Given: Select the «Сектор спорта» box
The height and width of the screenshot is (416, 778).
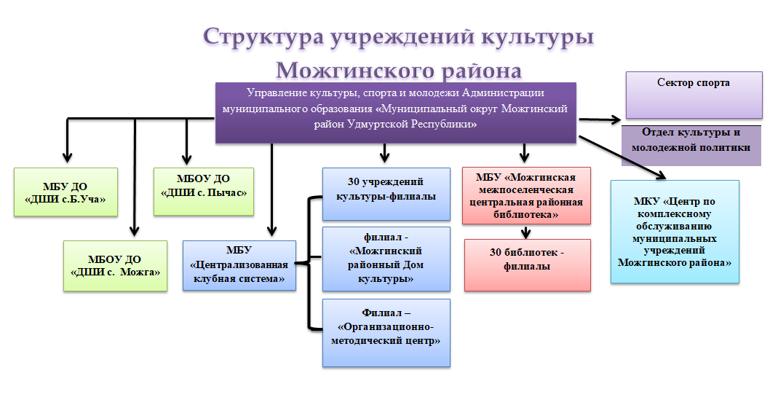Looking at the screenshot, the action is pos(694,95).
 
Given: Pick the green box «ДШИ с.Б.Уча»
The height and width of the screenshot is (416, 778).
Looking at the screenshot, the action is pos(66,192).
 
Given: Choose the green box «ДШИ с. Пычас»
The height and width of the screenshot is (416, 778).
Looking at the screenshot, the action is pos(204,191).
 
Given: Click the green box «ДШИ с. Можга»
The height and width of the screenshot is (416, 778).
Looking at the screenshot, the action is pos(115,266).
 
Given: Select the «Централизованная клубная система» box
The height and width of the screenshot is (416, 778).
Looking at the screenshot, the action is pos(239,265).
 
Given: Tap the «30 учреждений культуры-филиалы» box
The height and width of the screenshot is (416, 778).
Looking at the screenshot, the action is pos(386,194).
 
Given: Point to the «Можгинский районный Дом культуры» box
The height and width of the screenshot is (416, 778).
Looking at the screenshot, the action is pos(386,259).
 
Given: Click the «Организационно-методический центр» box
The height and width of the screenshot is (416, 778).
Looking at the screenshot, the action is pos(386,333).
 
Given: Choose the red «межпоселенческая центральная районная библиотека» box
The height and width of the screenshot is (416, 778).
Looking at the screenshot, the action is pos(526,195).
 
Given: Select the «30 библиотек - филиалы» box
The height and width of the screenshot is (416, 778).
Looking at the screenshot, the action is pos(528,265).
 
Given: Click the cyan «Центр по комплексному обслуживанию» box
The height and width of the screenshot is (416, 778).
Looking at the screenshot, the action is pos(675,232).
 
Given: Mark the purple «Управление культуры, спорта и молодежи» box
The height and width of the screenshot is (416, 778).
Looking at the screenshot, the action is pos(395,113).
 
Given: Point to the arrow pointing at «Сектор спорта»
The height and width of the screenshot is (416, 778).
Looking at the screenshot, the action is pos(600,119).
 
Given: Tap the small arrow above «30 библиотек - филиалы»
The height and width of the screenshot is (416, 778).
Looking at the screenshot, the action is pos(526,232).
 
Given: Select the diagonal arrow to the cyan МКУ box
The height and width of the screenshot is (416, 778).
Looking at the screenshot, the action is pos(622,157).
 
